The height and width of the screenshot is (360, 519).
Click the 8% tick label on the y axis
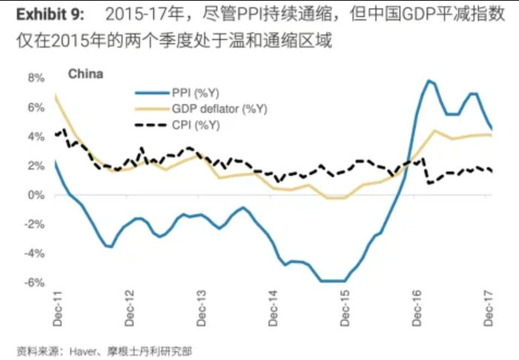[x=34, y=78]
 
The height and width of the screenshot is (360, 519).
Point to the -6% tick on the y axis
[x=34, y=282]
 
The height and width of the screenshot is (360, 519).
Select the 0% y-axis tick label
[x=36, y=195]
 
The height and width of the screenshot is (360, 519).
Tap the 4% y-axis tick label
[x=34, y=136]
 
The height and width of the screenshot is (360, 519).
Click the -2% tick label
[x=34, y=224]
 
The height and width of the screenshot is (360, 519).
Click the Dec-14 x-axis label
[x=274, y=307]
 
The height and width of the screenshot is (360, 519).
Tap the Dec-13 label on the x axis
[x=202, y=307]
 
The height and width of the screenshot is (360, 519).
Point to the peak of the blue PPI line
[x=429, y=80]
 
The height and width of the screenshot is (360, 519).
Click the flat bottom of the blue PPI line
[x=332, y=281]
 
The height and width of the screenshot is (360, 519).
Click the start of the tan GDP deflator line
[x=56, y=96]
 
